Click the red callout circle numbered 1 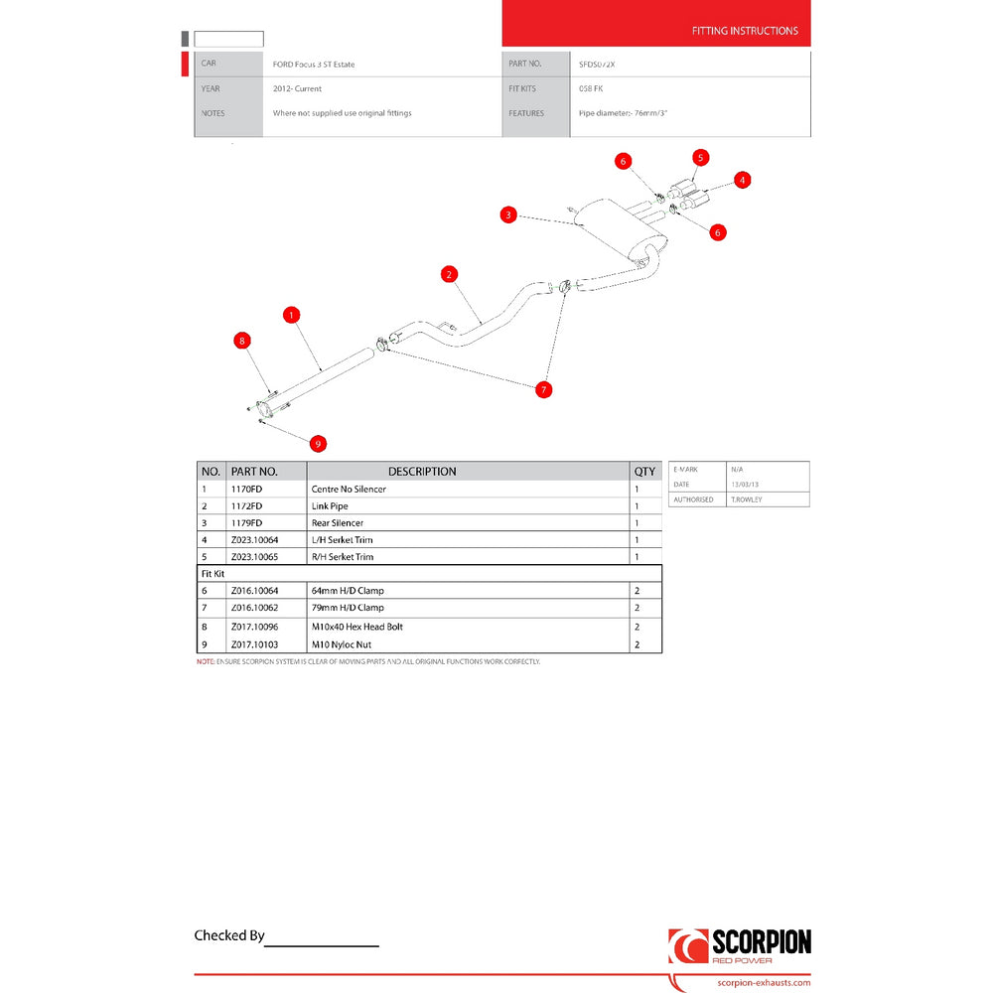pyautogui.click(x=291, y=315)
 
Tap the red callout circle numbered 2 pyautogui.click(x=449, y=274)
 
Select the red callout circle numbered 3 pyautogui.click(x=508, y=214)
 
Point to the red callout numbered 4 pyautogui.click(x=743, y=180)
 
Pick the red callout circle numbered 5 pyautogui.click(x=700, y=157)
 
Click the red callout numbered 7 pyautogui.click(x=543, y=389)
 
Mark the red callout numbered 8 pyautogui.click(x=241, y=341)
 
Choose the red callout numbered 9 pyautogui.click(x=318, y=443)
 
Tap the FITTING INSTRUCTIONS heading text pyautogui.click(x=744, y=31)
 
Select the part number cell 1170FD pyautogui.click(x=246, y=490)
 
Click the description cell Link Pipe pyautogui.click(x=330, y=506)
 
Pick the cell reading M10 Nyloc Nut pyautogui.click(x=341, y=644)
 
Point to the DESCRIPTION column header pyautogui.click(x=422, y=472)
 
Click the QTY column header pyautogui.click(x=644, y=472)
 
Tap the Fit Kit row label pyautogui.click(x=214, y=574)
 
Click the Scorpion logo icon pyautogui.click(x=687, y=946)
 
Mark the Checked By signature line pyautogui.click(x=322, y=944)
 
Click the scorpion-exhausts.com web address pyautogui.click(x=762, y=982)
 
